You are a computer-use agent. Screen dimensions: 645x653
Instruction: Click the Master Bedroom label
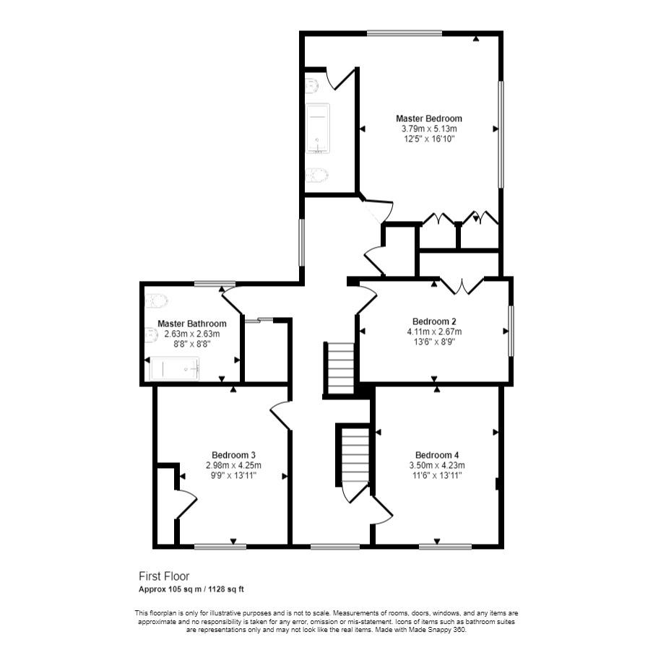point(428,118)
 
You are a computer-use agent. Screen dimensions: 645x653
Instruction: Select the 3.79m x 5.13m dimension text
point(428,129)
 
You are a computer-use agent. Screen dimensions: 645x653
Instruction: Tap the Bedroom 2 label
point(433,321)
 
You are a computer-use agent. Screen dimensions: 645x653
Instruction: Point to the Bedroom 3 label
point(233,454)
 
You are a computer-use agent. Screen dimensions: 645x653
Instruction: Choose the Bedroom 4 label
point(436,454)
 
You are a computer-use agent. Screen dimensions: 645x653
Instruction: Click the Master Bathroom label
point(191,324)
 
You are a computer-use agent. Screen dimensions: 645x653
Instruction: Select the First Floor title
point(164,576)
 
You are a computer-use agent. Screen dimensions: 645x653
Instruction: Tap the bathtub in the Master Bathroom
point(174,369)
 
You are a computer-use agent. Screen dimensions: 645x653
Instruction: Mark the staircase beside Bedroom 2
point(340,368)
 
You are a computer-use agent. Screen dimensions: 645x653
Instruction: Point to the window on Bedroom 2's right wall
point(511,331)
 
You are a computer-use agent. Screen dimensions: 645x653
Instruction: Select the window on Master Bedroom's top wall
point(404,33)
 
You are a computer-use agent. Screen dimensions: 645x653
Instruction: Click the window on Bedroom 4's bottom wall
point(445,547)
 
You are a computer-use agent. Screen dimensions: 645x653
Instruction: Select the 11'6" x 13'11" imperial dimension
point(436,475)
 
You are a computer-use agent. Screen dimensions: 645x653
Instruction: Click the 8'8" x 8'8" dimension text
point(191,345)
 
